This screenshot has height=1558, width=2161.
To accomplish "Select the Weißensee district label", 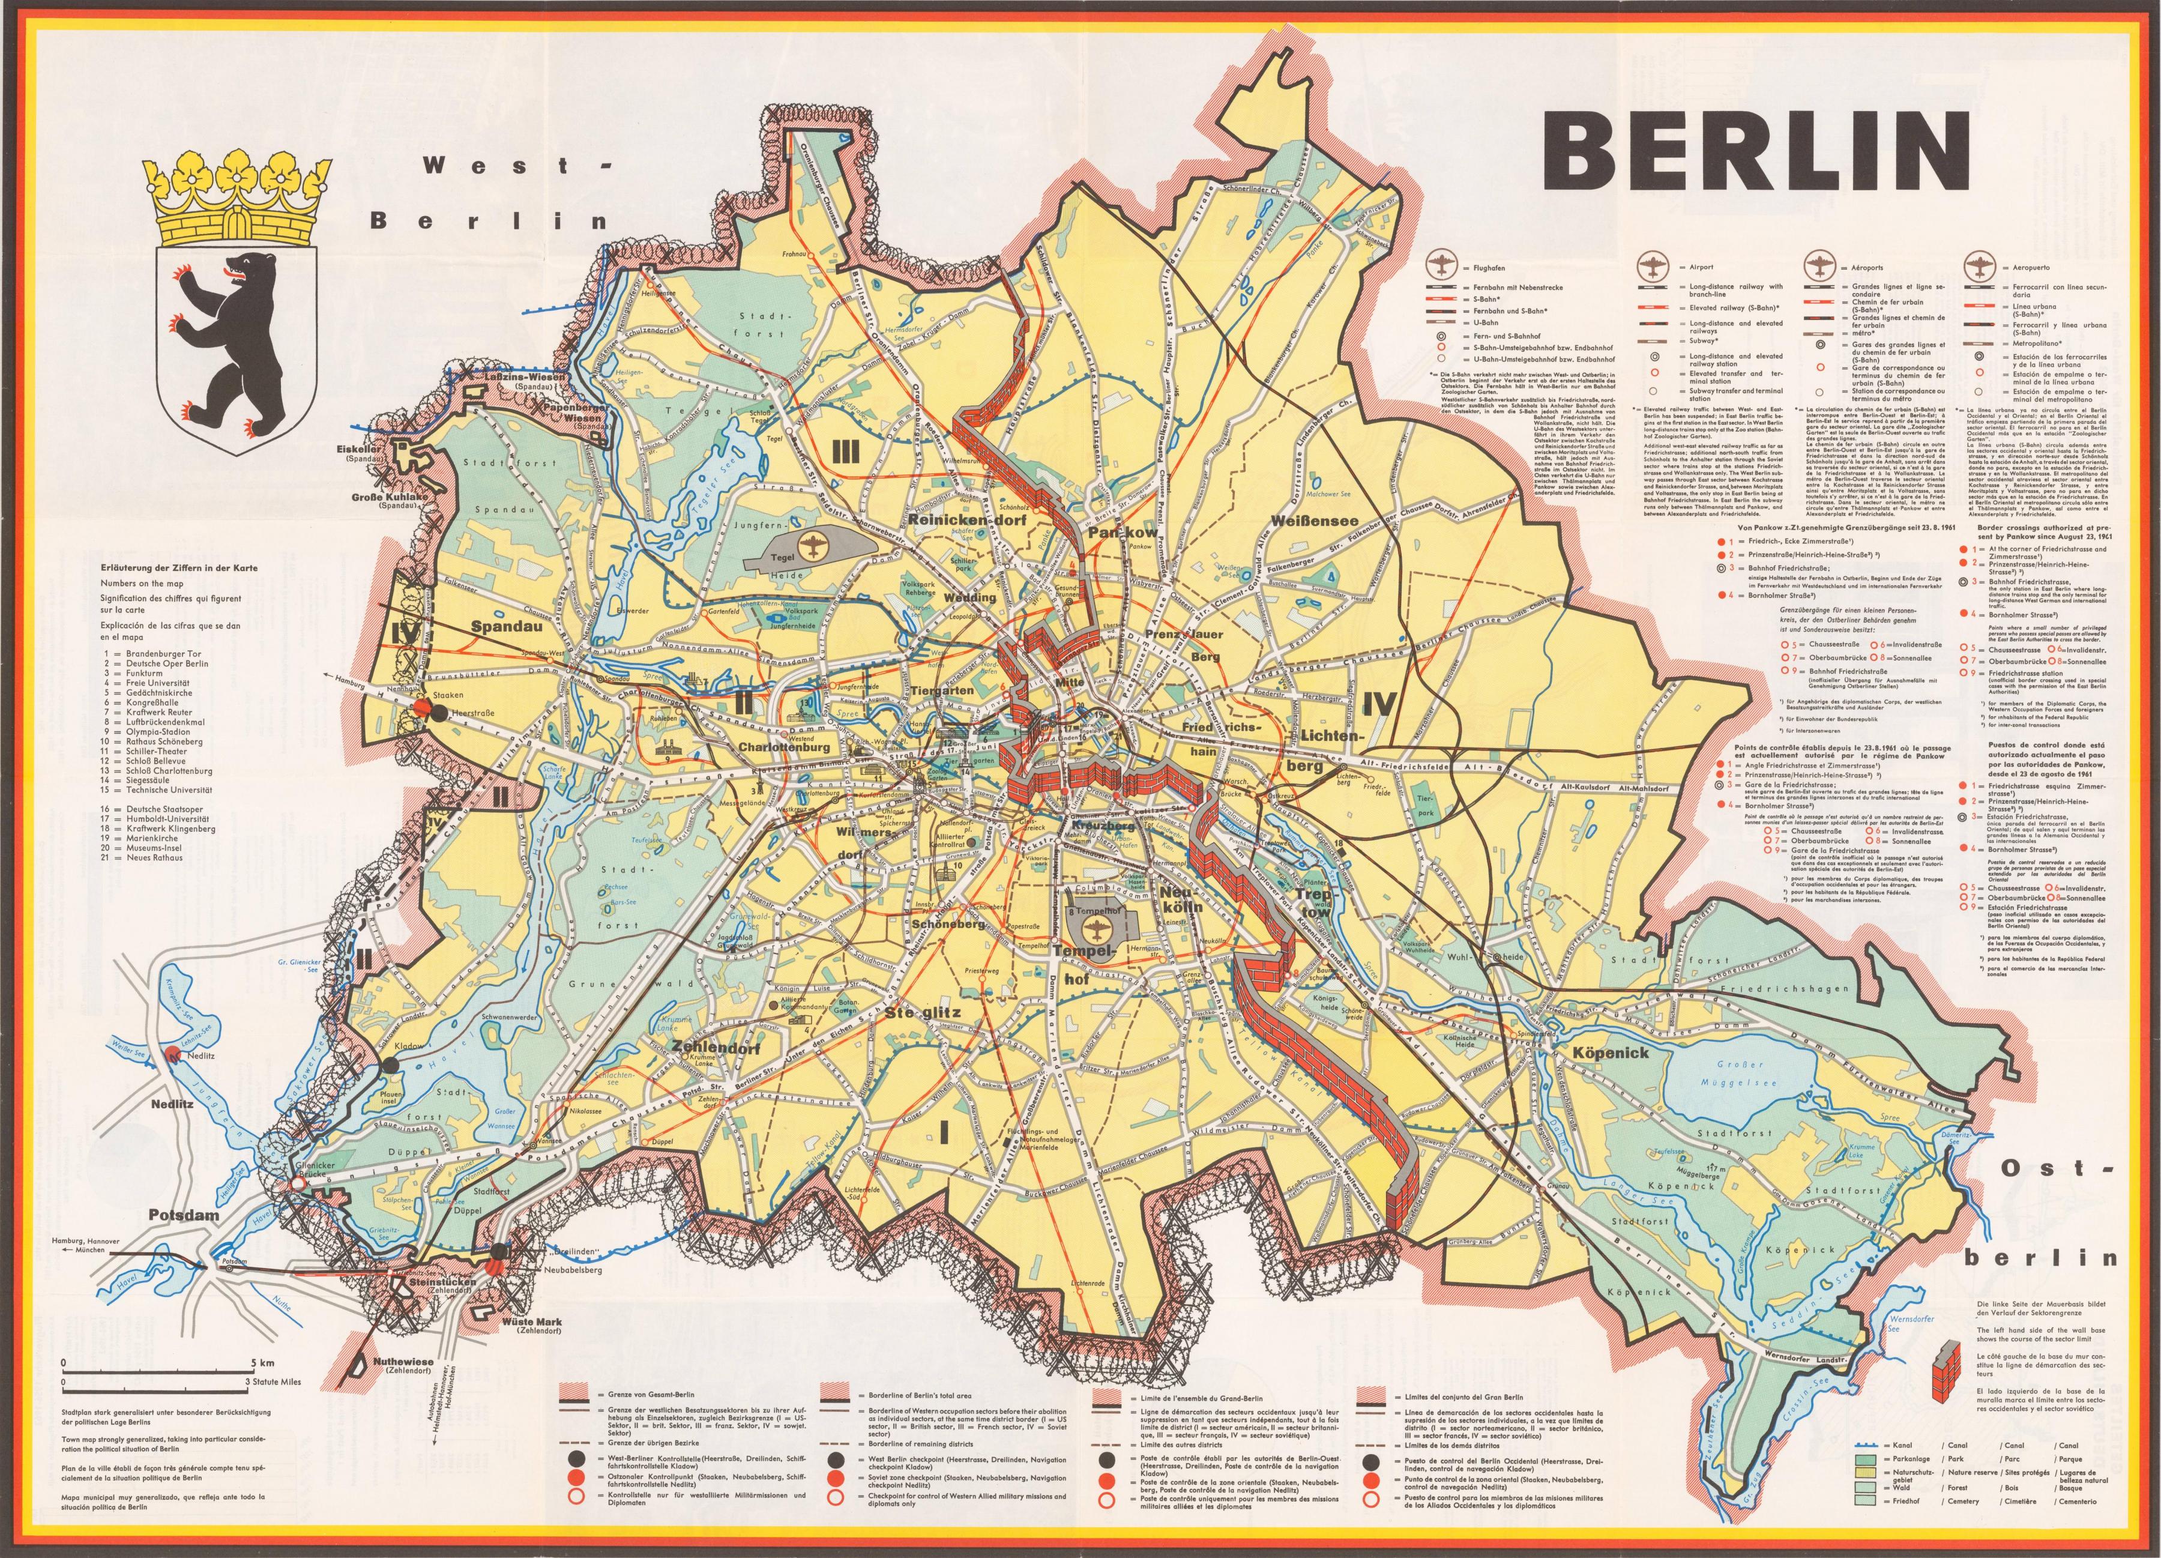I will click(x=1314, y=521).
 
